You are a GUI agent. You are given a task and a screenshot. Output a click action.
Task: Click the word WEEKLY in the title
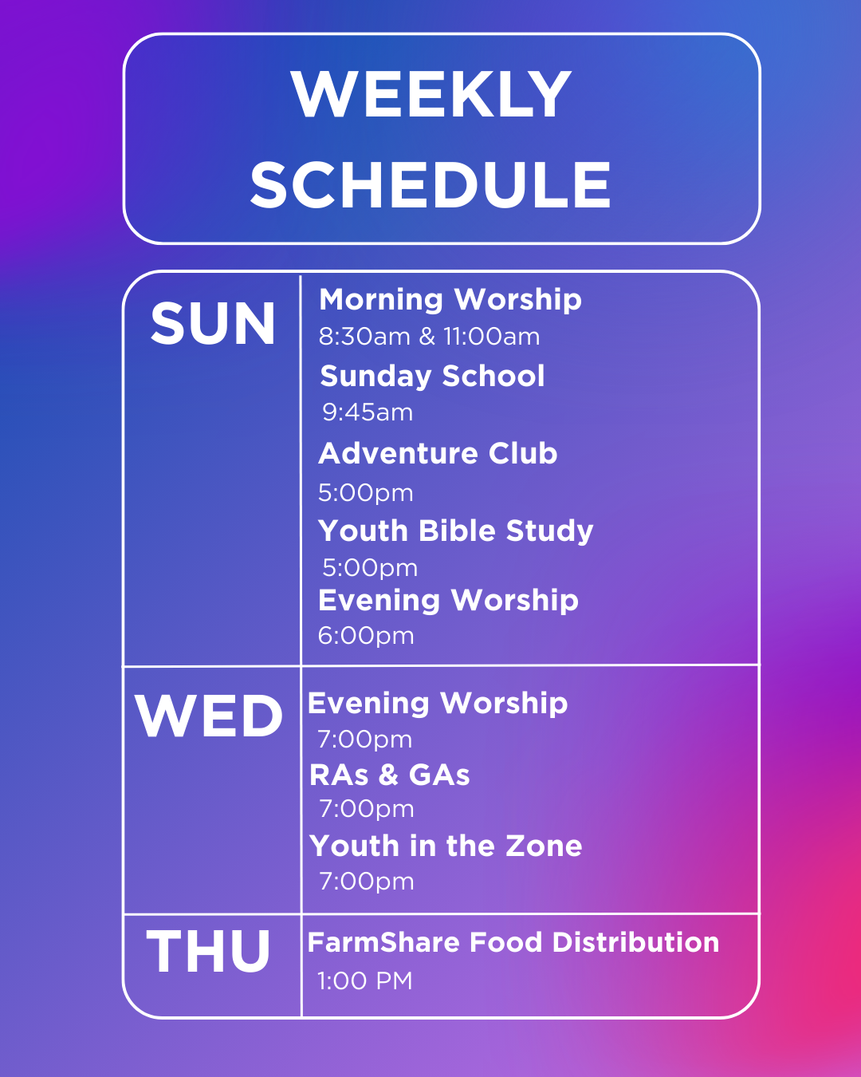(431, 94)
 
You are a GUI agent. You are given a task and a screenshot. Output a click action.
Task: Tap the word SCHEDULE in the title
(431, 185)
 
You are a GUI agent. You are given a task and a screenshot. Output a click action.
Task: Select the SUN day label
(213, 324)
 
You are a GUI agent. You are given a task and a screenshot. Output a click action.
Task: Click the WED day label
(209, 716)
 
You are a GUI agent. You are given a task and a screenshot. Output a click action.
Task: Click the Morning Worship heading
(450, 300)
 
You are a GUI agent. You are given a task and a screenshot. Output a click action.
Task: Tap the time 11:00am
(492, 337)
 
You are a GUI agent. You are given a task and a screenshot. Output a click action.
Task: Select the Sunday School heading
(432, 377)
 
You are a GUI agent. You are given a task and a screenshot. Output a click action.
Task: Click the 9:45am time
(368, 412)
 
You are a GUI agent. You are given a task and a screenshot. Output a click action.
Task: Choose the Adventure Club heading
(438, 453)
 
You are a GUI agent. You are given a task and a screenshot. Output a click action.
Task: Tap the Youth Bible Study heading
(456, 531)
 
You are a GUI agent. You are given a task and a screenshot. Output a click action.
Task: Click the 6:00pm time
(366, 636)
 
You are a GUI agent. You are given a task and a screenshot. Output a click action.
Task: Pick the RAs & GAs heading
(390, 775)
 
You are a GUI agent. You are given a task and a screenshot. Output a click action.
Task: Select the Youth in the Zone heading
(446, 846)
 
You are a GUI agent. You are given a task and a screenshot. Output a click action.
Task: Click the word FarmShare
(383, 942)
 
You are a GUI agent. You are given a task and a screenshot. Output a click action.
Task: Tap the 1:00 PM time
(365, 980)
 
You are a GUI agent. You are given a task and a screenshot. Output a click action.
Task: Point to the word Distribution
(636, 942)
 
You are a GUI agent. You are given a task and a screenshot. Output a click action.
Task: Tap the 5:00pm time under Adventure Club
(366, 493)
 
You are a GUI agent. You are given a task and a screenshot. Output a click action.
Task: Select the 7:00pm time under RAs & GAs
(367, 809)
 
